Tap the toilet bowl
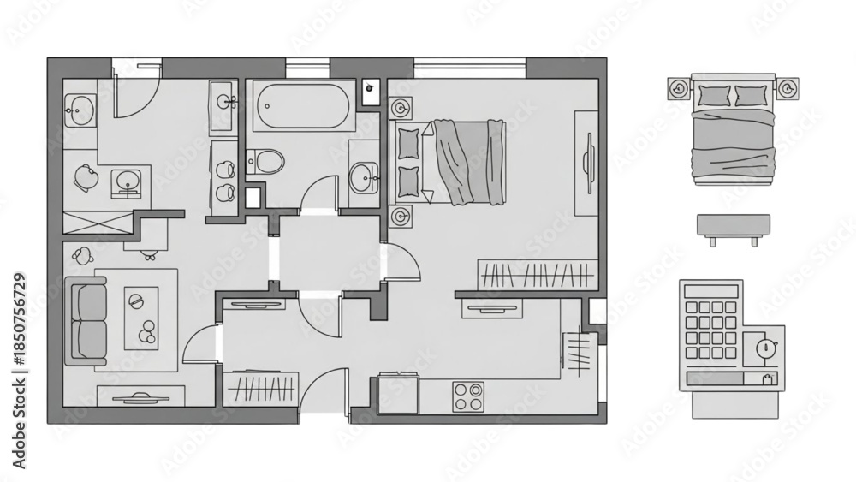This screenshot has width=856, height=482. pyautogui.click(x=266, y=161)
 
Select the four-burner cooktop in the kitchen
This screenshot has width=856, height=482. pyautogui.click(x=468, y=396)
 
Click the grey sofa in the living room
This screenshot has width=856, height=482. pyautogui.click(x=86, y=320)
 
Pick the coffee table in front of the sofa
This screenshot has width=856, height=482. pyautogui.click(x=141, y=318)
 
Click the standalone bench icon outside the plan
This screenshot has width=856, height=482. pyautogui.click(x=734, y=229)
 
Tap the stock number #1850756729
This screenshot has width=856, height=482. pyautogui.click(x=19, y=318)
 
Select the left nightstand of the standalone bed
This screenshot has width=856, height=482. pyautogui.click(x=679, y=88)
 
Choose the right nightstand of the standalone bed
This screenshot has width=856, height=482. pyautogui.click(x=788, y=88)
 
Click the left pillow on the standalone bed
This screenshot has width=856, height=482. pyautogui.click(x=714, y=96)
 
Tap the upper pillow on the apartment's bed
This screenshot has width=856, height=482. pyautogui.click(x=409, y=143)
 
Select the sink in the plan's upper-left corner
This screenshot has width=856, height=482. pyautogui.click(x=80, y=110)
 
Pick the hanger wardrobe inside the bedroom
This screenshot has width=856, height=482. pyautogui.click(x=536, y=274)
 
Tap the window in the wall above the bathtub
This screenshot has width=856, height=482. pyautogui.click(x=308, y=68)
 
